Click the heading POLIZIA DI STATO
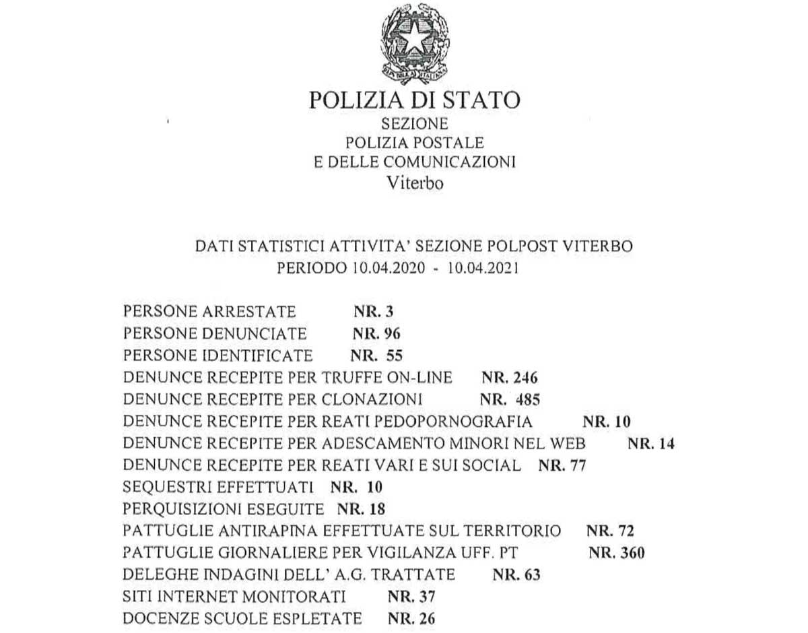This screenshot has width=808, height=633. pyautogui.click(x=414, y=100)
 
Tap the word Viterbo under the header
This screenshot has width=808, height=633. pyautogui.click(x=415, y=183)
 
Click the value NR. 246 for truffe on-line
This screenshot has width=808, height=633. pyautogui.click(x=510, y=376)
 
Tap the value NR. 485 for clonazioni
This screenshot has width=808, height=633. pyautogui.click(x=510, y=399)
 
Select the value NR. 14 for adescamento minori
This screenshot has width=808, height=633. pyautogui.click(x=651, y=444)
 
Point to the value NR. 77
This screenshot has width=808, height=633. pyautogui.click(x=563, y=465)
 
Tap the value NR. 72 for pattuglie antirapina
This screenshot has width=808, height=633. pyautogui.click(x=610, y=531)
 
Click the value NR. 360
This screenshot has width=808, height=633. pyautogui.click(x=616, y=553)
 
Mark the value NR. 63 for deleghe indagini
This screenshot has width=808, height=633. pyautogui.click(x=516, y=574)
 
